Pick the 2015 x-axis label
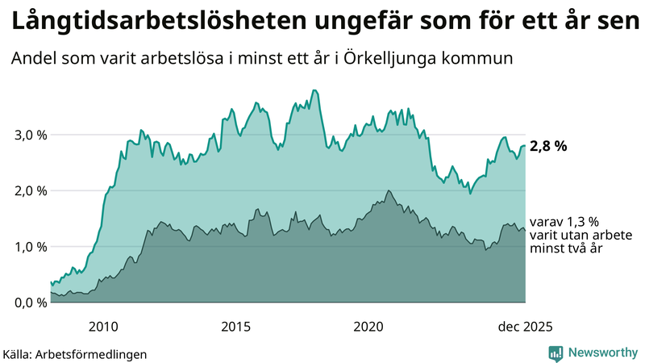pyautogui.click(x=235, y=327)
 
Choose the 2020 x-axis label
pyautogui.click(x=368, y=327)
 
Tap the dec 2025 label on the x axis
pyautogui.click(x=525, y=327)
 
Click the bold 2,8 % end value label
pyautogui.click(x=549, y=147)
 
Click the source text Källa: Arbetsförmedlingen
pyautogui.click(x=75, y=353)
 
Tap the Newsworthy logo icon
pyautogui.click(x=556, y=353)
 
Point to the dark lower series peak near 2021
pyautogui.click(x=389, y=190)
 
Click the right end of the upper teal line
pyautogui.click(x=525, y=146)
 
